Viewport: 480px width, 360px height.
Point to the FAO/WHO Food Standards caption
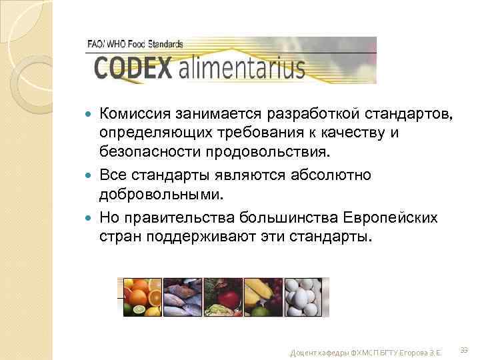click(x=135, y=44)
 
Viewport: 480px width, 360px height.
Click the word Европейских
click(x=389, y=218)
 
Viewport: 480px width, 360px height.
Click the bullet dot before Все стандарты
click(x=91, y=176)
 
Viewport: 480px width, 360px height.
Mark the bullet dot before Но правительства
click(x=91, y=219)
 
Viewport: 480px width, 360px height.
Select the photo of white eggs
click(x=306, y=296)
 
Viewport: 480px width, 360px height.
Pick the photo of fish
click(x=183, y=296)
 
